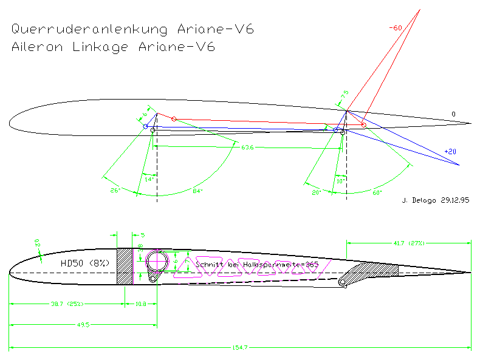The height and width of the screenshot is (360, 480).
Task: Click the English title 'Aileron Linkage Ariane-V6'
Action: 113,47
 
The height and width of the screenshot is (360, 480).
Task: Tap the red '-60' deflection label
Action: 396,28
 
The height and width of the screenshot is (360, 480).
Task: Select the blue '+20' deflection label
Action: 450,152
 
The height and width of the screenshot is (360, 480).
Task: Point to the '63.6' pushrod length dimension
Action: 247,147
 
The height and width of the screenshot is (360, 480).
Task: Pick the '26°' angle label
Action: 115,191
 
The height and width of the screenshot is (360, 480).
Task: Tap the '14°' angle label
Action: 149,178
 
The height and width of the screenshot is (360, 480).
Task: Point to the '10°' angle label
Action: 340,181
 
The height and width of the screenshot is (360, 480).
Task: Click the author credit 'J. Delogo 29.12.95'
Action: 437,199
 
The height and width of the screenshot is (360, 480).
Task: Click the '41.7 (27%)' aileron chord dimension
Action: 408,243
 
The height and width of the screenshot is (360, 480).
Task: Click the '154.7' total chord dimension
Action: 240,347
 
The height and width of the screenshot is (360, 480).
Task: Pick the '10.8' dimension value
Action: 140,304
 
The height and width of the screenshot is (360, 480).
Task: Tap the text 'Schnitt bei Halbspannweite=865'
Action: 258,265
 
